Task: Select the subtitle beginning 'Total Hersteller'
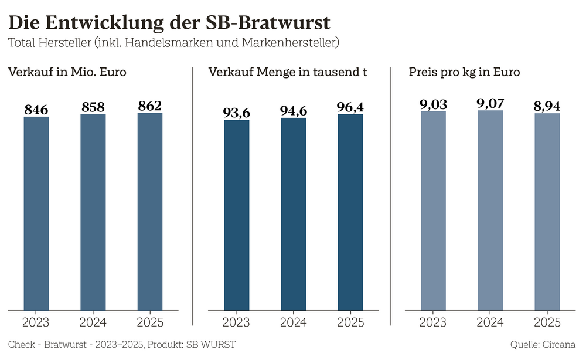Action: [174, 42]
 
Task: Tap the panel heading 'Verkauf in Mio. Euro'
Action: [67, 73]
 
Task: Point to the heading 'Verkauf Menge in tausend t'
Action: [288, 73]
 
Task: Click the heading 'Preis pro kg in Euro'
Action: [465, 73]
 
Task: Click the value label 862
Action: [150, 106]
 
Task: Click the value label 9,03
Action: [434, 104]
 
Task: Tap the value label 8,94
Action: [547, 107]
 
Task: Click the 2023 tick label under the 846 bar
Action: [36, 322]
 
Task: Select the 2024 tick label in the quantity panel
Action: [294, 322]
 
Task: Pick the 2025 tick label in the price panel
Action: [547, 322]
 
